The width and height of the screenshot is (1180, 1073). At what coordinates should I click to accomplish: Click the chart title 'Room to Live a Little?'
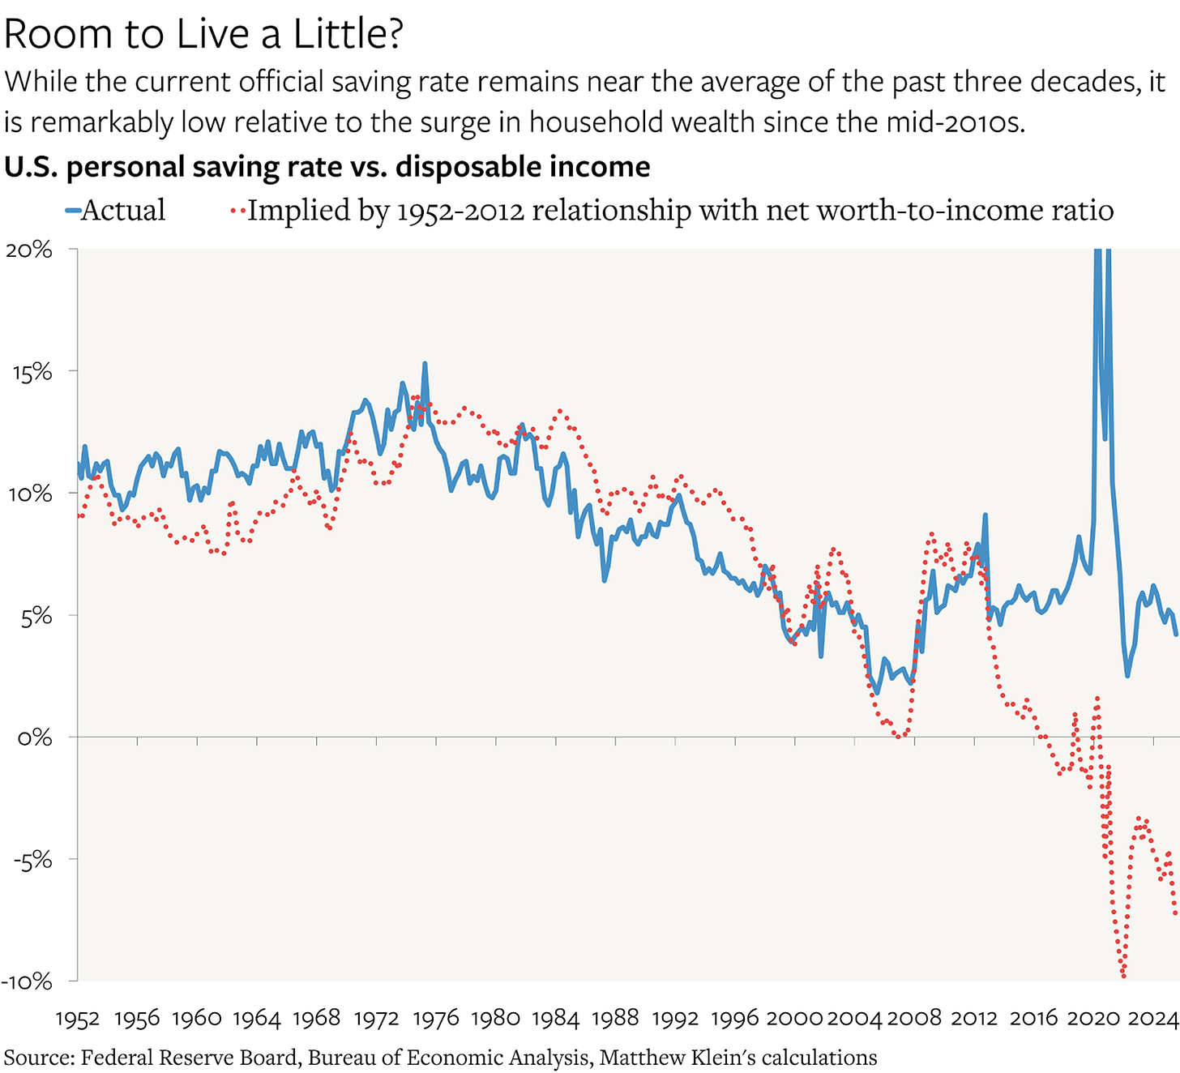pyautogui.click(x=203, y=35)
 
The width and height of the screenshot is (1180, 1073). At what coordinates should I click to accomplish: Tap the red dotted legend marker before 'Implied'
pyautogui.click(x=237, y=211)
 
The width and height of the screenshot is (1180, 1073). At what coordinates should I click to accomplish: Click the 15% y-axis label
pyautogui.click(x=32, y=372)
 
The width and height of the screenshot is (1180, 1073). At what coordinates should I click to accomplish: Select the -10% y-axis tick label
pyautogui.click(x=27, y=981)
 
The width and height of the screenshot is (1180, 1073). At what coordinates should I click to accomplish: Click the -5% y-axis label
pyautogui.click(x=32, y=859)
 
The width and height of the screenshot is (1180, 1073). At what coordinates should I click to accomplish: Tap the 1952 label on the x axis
pyautogui.click(x=78, y=1019)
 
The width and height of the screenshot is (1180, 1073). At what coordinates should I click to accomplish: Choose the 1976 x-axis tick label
pyautogui.click(x=436, y=1019)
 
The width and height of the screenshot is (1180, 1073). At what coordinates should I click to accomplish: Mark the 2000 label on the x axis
pyautogui.click(x=794, y=1019)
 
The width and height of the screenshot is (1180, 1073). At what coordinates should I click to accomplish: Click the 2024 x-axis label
pyautogui.click(x=1152, y=1019)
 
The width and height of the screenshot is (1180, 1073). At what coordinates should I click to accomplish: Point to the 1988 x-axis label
pyautogui.click(x=615, y=1019)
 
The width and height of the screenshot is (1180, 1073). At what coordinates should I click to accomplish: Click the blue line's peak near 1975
pyautogui.click(x=425, y=364)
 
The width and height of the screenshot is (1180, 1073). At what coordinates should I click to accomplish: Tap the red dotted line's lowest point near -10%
pyautogui.click(x=1123, y=975)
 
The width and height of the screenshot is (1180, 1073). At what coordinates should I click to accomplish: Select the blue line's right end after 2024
pyautogui.click(x=1176, y=635)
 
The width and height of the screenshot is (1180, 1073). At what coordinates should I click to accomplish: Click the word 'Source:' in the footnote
pyautogui.click(x=39, y=1058)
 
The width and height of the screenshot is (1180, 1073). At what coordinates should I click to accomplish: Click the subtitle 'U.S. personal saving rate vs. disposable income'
pyautogui.click(x=327, y=167)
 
